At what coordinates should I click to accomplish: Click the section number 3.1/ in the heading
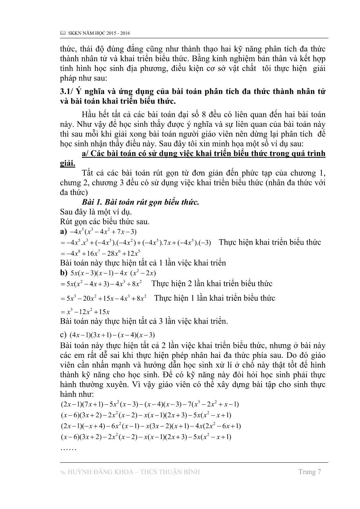pos(67,92)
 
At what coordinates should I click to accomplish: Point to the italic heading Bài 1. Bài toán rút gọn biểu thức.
pos(140,202)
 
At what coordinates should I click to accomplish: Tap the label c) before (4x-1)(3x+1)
pos(63,335)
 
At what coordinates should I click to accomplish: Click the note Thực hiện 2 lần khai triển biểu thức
pos(212,284)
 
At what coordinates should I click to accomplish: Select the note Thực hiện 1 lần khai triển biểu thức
pos(215,298)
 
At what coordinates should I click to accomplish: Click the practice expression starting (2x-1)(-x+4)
pos(150,426)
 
